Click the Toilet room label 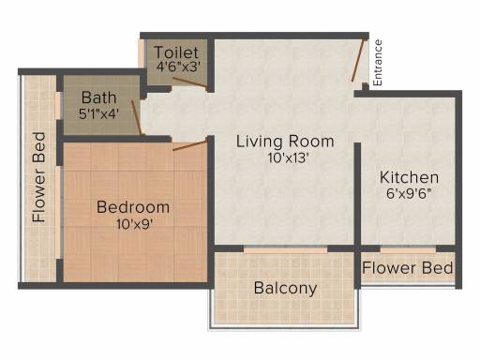(176, 52)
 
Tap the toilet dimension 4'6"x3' (178, 67)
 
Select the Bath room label (98, 97)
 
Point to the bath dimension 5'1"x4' (98, 113)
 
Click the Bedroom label (133, 207)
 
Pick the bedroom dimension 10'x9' (134, 224)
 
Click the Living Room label (285, 142)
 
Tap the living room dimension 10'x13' (288, 157)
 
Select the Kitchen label (409, 177)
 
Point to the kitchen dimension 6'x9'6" (409, 194)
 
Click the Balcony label (285, 288)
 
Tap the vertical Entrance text (378, 63)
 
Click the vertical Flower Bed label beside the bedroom (39, 177)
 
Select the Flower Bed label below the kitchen (408, 268)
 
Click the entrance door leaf (358, 60)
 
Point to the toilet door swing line (190, 82)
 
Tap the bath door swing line (137, 118)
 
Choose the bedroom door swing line (190, 145)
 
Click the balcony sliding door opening (286, 249)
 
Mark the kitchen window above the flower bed (408, 249)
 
